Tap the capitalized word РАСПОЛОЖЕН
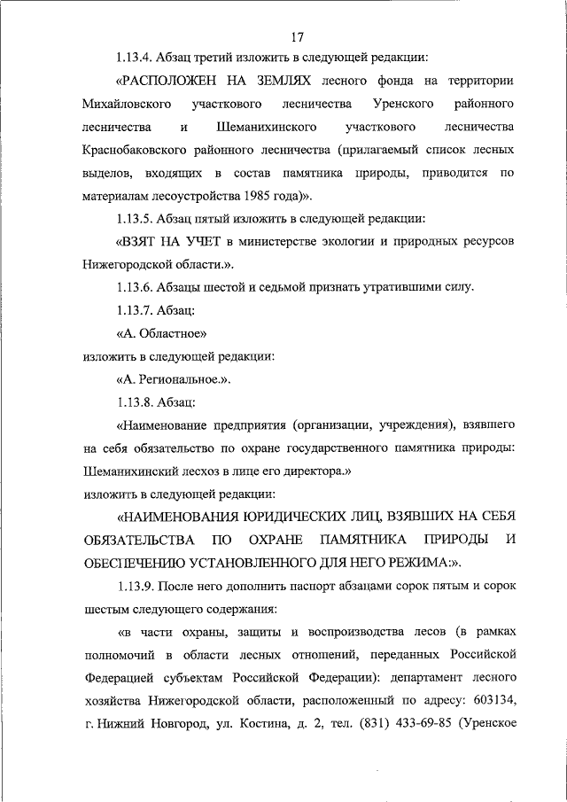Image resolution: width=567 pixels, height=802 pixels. pyautogui.click(x=175, y=82)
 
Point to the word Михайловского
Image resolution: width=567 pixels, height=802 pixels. pyautogui.click(x=124, y=105)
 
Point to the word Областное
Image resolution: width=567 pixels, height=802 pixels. pyautogui.click(x=172, y=333)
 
